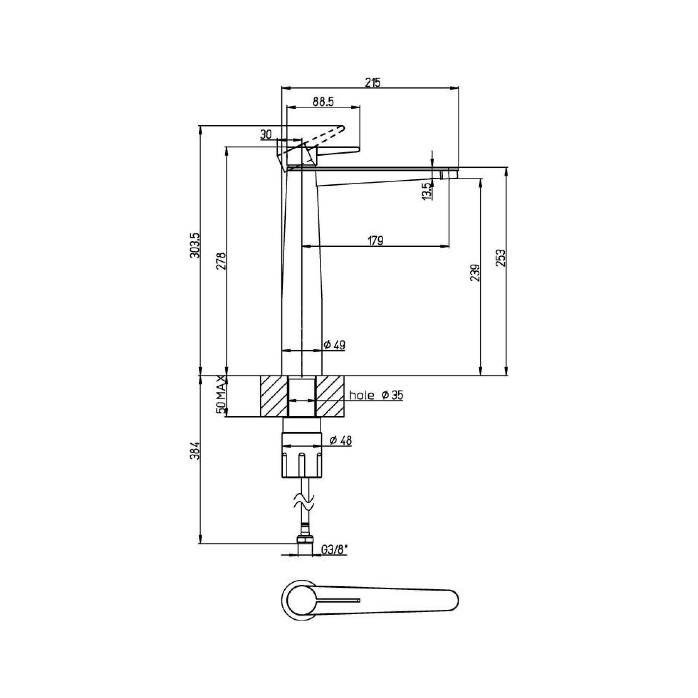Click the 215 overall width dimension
(372, 83)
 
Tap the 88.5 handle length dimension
(323, 102)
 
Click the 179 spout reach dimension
(376, 241)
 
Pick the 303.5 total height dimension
(195, 245)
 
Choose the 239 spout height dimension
(476, 273)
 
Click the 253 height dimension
(501, 258)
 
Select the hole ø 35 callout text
(376, 395)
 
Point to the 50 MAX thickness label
(221, 395)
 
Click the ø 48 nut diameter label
(341, 440)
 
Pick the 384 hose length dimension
(195, 450)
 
